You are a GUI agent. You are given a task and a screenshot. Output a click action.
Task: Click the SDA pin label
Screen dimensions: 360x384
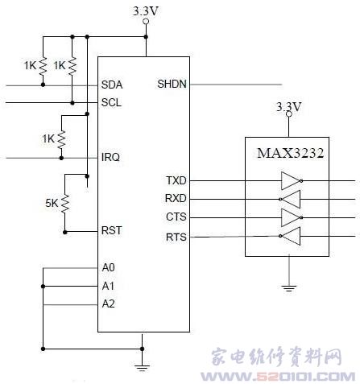(x=112, y=85)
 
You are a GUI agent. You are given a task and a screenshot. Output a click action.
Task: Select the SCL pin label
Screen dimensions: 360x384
(x=111, y=102)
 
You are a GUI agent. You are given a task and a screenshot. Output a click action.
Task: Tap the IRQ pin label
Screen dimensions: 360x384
(x=110, y=157)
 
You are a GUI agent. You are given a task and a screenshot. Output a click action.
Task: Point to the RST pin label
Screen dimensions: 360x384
(x=112, y=230)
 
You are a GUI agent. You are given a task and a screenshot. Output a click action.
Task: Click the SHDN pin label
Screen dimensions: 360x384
(x=172, y=84)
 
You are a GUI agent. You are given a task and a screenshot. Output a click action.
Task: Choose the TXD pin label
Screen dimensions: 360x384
(x=176, y=180)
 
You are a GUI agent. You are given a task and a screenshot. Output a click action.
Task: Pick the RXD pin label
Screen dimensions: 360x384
(x=176, y=198)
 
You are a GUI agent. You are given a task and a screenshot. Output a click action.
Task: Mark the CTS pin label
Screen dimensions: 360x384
(x=176, y=217)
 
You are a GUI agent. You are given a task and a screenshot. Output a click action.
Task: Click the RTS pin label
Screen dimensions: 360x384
(x=176, y=237)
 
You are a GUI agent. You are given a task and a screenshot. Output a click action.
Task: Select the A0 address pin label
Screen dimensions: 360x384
(x=109, y=267)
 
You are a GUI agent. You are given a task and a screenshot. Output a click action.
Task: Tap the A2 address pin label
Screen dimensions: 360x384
(x=109, y=303)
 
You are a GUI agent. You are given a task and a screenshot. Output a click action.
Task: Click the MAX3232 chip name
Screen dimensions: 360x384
(x=291, y=153)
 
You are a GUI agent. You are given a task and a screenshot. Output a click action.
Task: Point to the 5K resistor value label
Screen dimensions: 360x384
(x=52, y=203)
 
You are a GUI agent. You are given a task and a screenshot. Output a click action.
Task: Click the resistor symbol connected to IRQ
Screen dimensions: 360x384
(x=61, y=139)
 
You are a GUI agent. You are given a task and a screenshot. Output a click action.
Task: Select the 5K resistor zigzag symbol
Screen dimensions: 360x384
(x=65, y=204)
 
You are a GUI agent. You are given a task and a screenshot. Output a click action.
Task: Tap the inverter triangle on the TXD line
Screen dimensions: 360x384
(x=292, y=180)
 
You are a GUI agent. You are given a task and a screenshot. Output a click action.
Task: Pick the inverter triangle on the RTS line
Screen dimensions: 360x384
(x=290, y=236)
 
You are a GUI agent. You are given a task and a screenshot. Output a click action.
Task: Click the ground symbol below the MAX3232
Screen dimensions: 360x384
(x=289, y=288)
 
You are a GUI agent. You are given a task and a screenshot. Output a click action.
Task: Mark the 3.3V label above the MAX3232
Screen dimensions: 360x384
(x=289, y=106)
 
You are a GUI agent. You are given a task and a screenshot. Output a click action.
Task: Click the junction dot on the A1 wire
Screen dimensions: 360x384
(x=43, y=287)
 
